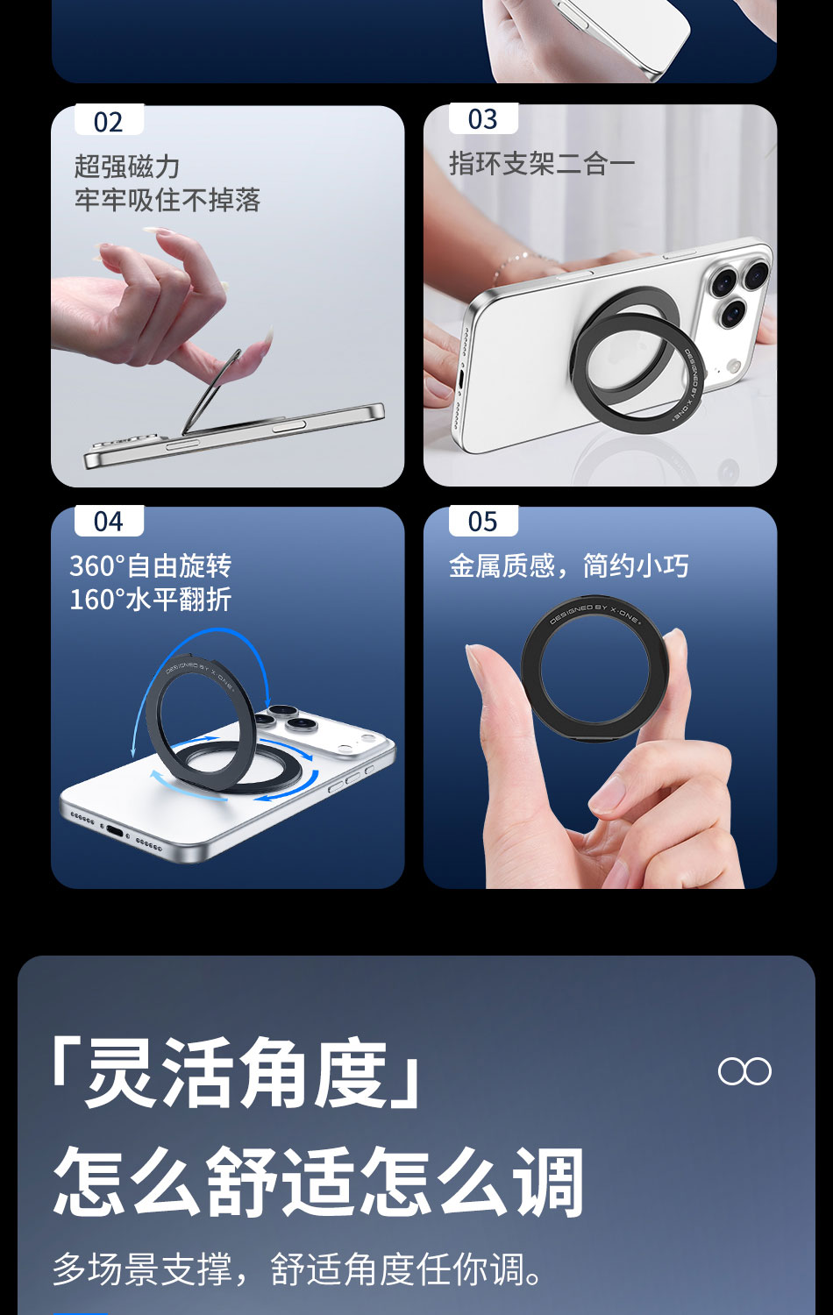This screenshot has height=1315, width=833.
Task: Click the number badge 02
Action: [x=109, y=122]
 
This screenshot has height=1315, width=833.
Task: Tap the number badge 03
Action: [x=483, y=119]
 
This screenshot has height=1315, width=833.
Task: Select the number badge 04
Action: [x=109, y=522]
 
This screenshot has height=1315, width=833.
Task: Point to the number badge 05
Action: [x=483, y=522]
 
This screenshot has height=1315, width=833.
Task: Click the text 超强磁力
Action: [x=127, y=166]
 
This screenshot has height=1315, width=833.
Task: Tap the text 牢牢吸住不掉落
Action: [x=167, y=200]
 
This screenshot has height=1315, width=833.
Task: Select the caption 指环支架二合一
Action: [x=542, y=163]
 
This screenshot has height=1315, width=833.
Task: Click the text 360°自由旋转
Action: [x=150, y=565]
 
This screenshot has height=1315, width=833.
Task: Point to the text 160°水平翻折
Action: [x=150, y=600]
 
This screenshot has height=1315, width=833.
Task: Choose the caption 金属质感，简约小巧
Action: [x=568, y=565]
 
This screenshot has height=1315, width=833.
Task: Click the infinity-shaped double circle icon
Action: [x=744, y=1071]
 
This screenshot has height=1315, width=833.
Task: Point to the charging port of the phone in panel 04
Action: [x=114, y=828]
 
